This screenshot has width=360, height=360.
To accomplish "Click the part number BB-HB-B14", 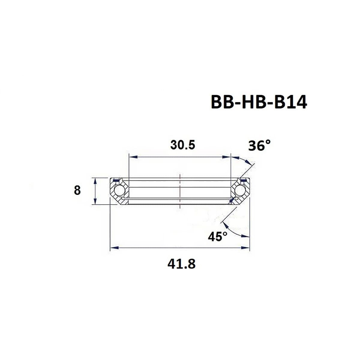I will pos(259,102).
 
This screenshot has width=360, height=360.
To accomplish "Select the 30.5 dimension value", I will pos(182,145).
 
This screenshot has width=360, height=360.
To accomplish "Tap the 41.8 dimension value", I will pos(181,264).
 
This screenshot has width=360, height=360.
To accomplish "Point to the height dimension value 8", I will pos(77,190).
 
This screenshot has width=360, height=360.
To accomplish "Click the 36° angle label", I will pos(259,146).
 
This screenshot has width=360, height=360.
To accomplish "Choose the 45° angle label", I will pos(217,237).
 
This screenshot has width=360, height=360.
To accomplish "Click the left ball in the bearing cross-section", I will pos(118,190).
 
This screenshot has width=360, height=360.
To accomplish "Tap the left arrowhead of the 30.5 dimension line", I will pos(132,157).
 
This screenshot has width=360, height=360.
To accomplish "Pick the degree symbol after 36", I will pos(268,142).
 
